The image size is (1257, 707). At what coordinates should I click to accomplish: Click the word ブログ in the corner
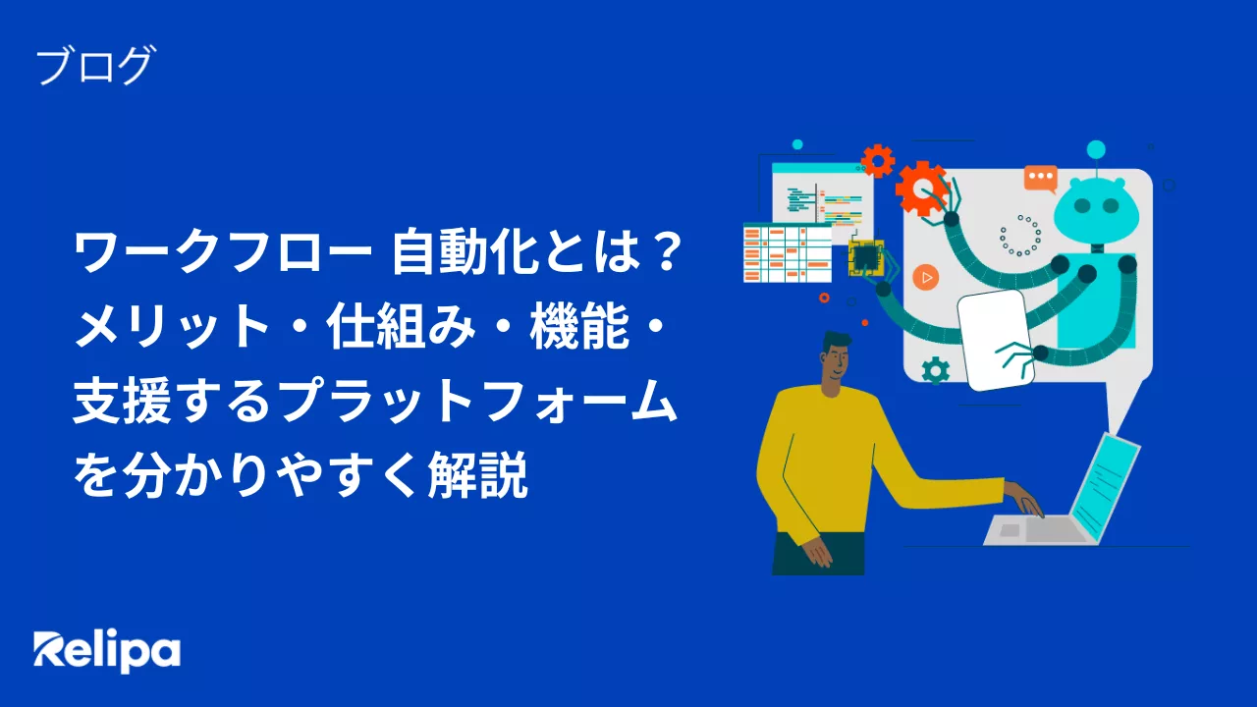coord(95,66)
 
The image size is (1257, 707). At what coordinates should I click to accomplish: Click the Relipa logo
coord(107,651)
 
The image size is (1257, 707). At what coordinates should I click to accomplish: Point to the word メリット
coord(172,327)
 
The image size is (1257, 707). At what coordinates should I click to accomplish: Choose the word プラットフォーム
coord(480,402)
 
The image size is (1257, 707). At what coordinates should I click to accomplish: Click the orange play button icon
coord(925,278)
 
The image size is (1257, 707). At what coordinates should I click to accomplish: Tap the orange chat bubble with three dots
coord(1041,179)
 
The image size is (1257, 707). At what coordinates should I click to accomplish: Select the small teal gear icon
coord(936,370)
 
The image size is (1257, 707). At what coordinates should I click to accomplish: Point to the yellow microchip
coord(866,258)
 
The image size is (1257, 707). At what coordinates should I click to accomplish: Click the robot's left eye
coord(1081,205)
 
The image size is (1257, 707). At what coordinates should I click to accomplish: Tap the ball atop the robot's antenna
coord(1096,150)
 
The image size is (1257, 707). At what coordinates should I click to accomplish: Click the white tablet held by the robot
coord(995,340)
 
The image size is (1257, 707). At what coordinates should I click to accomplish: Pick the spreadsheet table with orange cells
coord(788,252)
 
